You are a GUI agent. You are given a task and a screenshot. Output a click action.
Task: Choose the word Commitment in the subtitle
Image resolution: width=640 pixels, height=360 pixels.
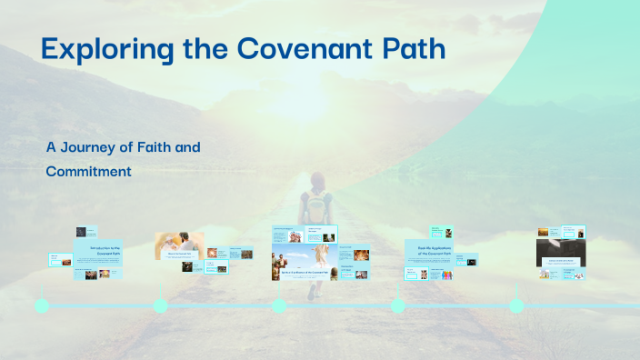point(88,170)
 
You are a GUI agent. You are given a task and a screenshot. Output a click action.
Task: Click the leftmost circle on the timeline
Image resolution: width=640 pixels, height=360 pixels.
point(42,305)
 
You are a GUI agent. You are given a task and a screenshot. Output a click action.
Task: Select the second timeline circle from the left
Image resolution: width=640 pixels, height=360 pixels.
point(161,305)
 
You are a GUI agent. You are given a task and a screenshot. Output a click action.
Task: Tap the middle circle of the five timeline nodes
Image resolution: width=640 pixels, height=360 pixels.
point(279,305)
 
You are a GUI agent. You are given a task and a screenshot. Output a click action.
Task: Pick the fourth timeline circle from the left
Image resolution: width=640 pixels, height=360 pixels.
point(398,305)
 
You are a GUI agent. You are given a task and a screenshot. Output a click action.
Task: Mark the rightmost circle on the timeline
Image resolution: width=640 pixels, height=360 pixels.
point(516,305)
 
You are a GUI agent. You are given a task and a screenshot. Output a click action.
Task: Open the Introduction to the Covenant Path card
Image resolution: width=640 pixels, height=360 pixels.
point(98,252)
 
